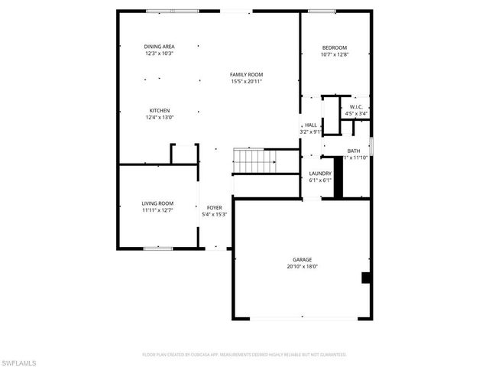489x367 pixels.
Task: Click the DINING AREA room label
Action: point(159,47)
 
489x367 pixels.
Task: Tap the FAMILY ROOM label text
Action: point(246,74)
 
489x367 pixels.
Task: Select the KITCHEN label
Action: point(159,110)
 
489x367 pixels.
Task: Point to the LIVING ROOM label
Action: point(157,203)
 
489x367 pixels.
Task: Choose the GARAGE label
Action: point(301,260)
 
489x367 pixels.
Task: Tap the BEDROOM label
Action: point(335,47)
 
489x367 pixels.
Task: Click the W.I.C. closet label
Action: point(356,107)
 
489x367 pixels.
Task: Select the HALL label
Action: point(311,125)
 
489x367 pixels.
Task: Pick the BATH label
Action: point(354,151)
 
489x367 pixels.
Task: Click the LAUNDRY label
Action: point(319,174)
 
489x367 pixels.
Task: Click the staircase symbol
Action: point(253,161)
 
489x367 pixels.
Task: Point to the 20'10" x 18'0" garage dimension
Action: point(301,267)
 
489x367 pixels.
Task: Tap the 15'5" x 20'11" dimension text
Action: point(246,81)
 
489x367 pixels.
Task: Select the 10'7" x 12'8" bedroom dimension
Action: point(335,54)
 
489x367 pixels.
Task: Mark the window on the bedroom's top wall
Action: point(321,11)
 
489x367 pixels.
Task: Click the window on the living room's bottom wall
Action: point(159,248)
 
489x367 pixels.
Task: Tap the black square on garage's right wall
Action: point(366,277)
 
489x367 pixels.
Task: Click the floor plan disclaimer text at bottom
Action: point(244,355)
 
